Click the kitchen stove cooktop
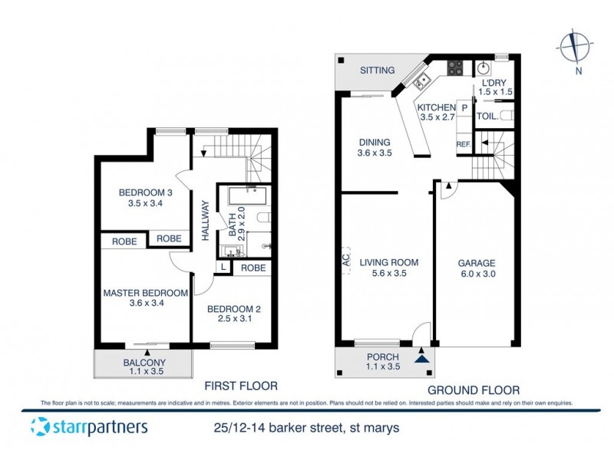[455, 68]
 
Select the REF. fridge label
[464, 143]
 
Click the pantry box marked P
[464, 108]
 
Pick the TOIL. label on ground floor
[487, 117]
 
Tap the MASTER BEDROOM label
[146, 293]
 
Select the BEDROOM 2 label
[235, 309]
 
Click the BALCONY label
[144, 363]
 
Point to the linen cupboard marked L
[222, 268]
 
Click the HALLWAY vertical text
[206, 221]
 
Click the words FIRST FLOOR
[240, 386]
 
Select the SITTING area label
[378, 70]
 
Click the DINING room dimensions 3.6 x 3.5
[375, 153]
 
